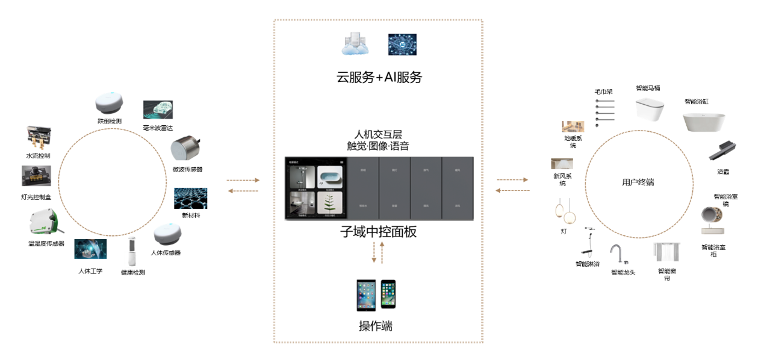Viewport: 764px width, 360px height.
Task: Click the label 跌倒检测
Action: tap(109, 121)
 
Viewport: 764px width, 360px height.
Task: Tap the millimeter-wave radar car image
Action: tap(158, 110)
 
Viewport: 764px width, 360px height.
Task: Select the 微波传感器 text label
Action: tap(187, 169)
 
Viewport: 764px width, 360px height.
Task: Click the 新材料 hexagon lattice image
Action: tap(190, 198)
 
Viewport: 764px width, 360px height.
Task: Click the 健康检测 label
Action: tap(132, 272)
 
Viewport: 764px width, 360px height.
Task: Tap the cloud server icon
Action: tap(357, 45)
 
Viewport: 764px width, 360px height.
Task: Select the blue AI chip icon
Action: tap(402, 45)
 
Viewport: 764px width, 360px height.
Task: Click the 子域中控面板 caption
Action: tap(379, 232)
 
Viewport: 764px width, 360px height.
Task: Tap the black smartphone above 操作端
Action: tap(388, 294)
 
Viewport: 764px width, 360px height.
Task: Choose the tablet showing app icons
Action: tap(366, 295)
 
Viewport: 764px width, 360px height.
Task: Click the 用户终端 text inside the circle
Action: tap(638, 182)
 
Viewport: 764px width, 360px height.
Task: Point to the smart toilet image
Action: tap(650, 109)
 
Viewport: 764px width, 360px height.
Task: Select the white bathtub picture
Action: tap(704, 122)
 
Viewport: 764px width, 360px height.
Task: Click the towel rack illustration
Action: tap(604, 112)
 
